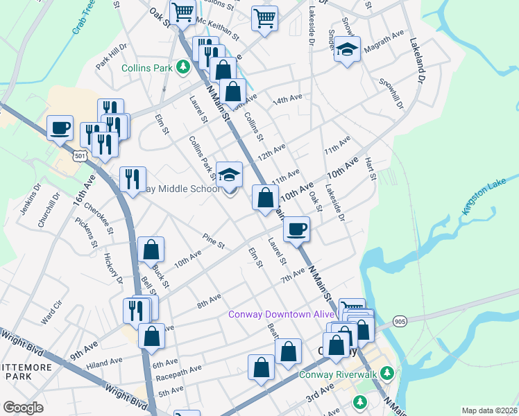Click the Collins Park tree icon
182,67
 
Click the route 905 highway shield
398,321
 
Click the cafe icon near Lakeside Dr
297,229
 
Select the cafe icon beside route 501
60,127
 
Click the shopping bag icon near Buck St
151,250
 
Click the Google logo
23,408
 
